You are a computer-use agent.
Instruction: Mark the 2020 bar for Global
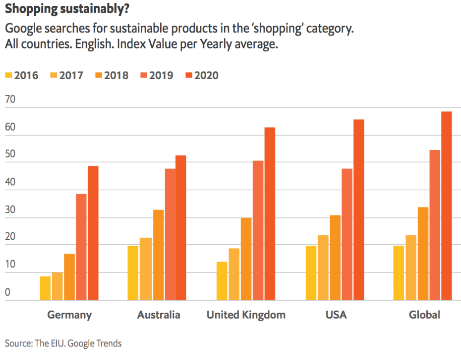coord(446,206)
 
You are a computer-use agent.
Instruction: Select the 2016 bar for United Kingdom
coord(221,280)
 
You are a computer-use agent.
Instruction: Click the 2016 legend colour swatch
coord(9,75)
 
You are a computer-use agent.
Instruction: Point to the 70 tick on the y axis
coord(10,99)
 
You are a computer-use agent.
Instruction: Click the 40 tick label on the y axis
coord(10,182)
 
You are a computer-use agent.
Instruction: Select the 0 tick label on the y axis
coord(7,292)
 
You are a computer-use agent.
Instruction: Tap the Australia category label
coord(158,315)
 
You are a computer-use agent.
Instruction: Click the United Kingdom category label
coord(246,315)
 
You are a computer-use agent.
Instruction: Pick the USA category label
coord(336,315)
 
